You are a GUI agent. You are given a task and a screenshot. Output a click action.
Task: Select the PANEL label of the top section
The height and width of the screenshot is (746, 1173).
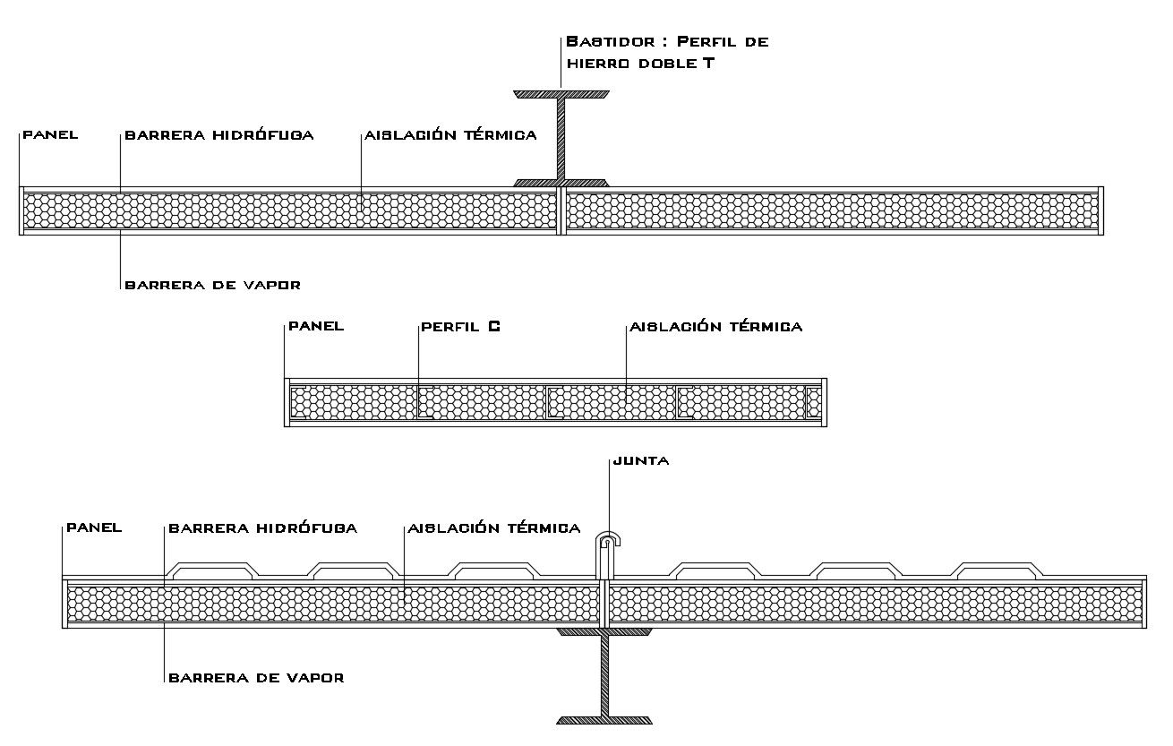click(50, 135)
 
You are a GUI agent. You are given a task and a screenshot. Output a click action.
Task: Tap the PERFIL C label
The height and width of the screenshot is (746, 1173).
click(460, 327)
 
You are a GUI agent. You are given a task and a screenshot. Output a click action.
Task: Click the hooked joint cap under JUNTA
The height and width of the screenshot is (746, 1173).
click(609, 540)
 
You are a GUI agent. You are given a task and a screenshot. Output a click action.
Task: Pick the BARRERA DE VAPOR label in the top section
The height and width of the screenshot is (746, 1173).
click(212, 285)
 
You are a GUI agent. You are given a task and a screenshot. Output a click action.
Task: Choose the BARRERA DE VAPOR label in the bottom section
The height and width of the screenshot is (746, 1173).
click(256, 678)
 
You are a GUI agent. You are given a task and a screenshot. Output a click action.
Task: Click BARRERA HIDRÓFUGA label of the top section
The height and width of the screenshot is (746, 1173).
click(219, 135)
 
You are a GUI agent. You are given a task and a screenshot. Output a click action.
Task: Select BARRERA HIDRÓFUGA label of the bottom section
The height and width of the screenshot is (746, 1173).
click(263, 528)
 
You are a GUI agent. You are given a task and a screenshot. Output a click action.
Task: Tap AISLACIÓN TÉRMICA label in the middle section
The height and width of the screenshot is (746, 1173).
click(716, 327)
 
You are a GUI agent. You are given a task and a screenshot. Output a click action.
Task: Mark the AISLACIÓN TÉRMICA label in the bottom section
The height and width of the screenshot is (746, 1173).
click(494, 528)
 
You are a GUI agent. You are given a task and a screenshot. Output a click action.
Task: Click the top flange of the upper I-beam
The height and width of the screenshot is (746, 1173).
click(561, 93)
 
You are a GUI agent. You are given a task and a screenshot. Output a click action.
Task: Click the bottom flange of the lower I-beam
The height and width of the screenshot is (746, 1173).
click(604, 719)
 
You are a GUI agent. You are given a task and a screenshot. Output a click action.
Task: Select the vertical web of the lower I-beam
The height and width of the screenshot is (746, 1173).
click(604, 676)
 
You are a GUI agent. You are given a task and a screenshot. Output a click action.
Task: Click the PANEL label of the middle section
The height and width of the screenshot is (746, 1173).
click(316, 327)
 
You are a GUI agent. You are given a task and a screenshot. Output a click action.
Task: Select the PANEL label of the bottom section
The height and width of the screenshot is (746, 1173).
click(94, 528)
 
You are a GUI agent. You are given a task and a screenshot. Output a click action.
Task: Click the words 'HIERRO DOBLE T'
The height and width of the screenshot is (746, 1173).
click(640, 64)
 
